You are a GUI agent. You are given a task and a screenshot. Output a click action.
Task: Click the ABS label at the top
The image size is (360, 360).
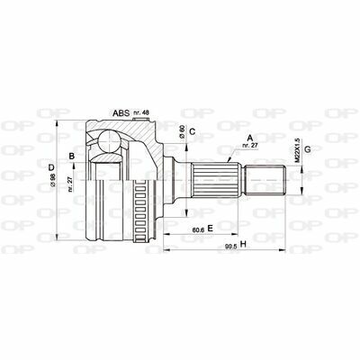(120, 112)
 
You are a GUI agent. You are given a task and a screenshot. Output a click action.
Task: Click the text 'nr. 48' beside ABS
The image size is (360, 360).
(141, 112)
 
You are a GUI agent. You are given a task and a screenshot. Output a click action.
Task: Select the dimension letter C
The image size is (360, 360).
(193, 132)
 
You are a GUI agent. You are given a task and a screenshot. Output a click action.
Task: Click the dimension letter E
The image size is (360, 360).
(210, 229)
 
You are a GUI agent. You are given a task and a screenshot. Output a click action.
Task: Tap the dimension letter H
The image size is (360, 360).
(243, 246)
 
